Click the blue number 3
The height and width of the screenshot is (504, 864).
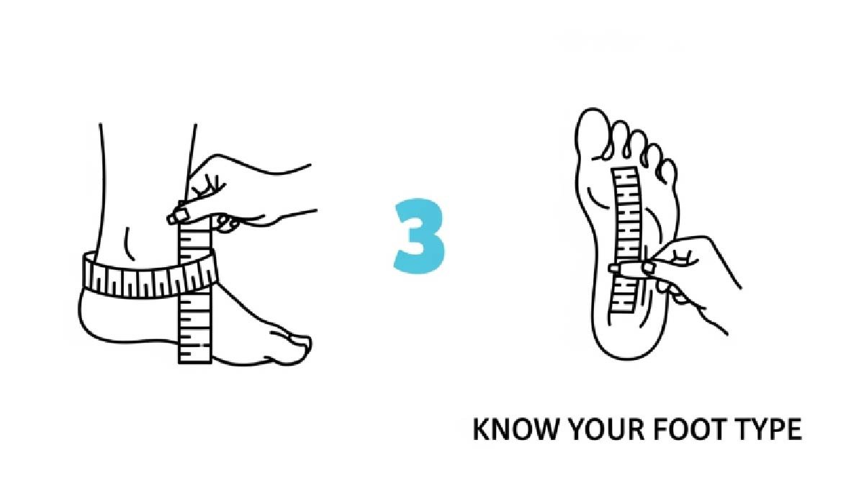point(419,236)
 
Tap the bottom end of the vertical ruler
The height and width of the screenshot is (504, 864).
point(195,362)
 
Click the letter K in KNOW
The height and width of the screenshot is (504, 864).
point(481,429)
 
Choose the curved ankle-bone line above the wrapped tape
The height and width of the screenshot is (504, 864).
point(128,243)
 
